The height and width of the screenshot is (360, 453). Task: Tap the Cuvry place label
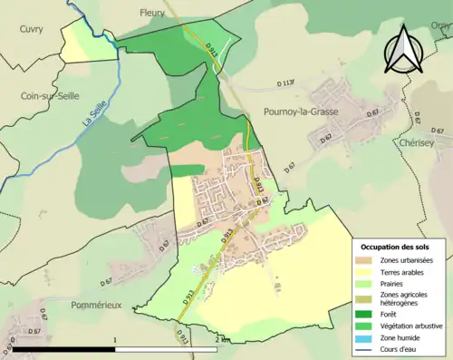(x=32, y=29)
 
